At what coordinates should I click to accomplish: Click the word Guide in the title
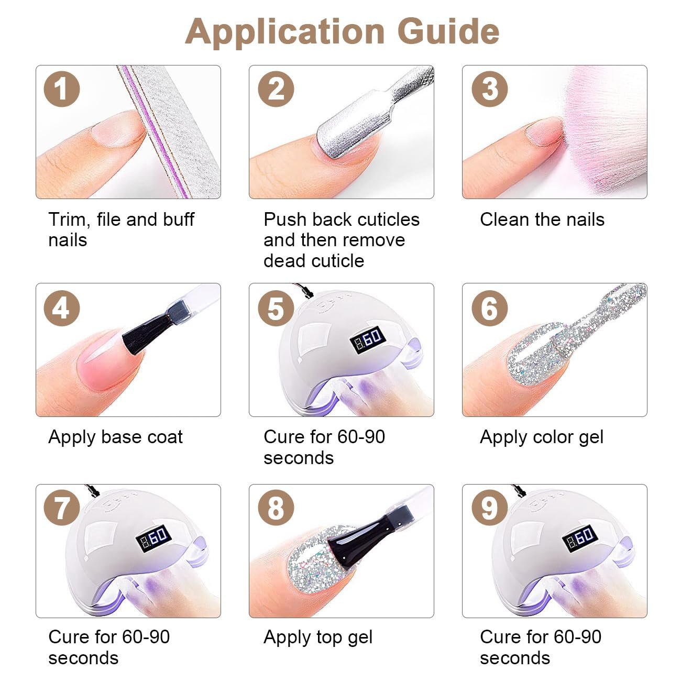(x=450, y=32)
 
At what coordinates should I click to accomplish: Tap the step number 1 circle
(x=62, y=89)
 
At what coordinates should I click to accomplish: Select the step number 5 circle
(x=276, y=309)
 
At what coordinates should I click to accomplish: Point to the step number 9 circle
(x=490, y=508)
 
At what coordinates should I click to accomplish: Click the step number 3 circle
(x=490, y=89)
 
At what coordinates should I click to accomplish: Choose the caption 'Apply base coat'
(x=116, y=437)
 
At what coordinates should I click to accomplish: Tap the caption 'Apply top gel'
(x=318, y=638)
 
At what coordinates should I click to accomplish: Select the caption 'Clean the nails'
(x=542, y=219)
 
